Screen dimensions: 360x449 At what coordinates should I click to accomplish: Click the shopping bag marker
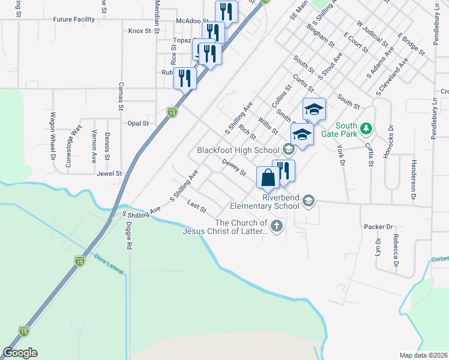(267, 178)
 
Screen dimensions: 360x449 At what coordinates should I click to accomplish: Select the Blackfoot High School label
(238, 149)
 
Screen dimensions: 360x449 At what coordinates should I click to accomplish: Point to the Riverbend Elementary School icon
(309, 200)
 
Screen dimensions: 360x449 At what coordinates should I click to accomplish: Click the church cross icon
(276, 226)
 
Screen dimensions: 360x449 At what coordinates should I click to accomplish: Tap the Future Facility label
(74, 19)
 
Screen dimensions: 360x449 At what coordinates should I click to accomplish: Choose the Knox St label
(139, 31)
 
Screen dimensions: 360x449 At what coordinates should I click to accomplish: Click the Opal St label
(138, 123)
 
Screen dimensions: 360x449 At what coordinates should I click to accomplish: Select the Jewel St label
(109, 173)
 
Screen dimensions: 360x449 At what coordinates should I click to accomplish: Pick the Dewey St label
(234, 167)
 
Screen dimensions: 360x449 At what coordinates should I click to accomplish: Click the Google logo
(20, 353)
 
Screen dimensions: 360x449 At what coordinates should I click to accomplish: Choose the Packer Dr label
(378, 227)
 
